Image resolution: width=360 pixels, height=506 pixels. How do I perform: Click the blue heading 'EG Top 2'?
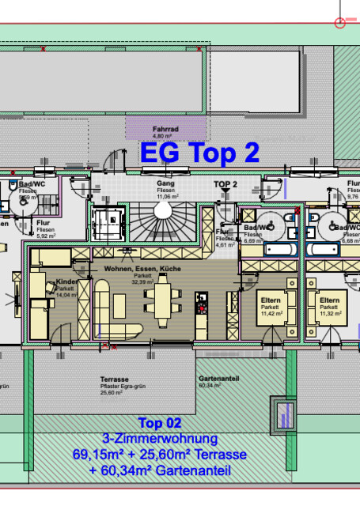(199, 153)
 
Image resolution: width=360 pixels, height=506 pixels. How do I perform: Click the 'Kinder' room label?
(66, 283)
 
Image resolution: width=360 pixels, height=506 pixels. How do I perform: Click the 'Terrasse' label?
(114, 379)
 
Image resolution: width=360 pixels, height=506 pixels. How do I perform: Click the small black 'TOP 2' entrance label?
(225, 183)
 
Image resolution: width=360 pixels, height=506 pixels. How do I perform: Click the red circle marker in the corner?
(341, 23)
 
